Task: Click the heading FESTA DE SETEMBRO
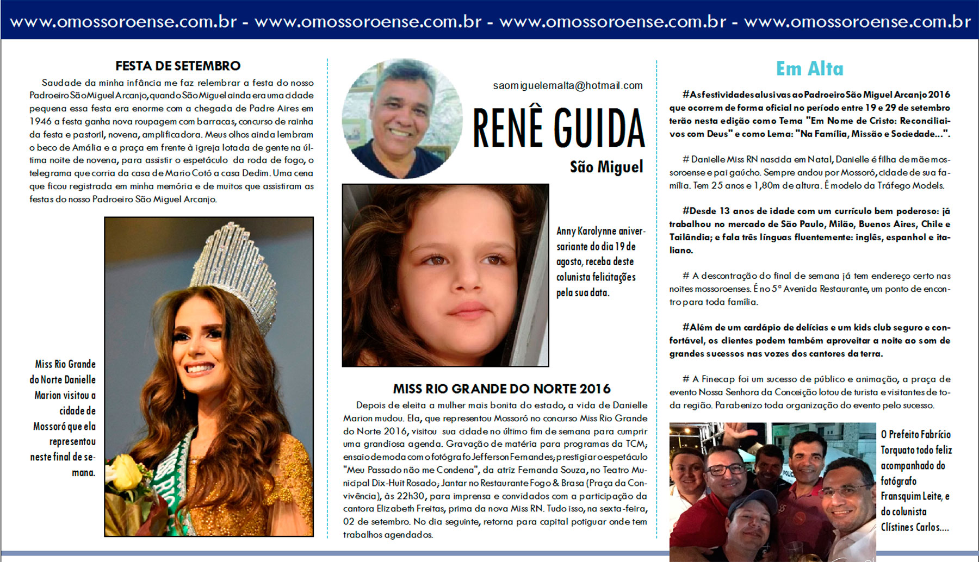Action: coord(178,66)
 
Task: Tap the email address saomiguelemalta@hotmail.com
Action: coord(568,86)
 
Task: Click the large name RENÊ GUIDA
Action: coord(559,128)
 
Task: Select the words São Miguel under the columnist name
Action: coord(606,166)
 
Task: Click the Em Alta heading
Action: coord(809,68)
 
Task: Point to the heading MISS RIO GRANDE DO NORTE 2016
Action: coord(501,389)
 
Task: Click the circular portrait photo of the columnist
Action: coord(402,118)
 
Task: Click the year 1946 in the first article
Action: coord(41,121)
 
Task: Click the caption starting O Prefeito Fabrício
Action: coord(916,480)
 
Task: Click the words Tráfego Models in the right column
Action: coord(904,185)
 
